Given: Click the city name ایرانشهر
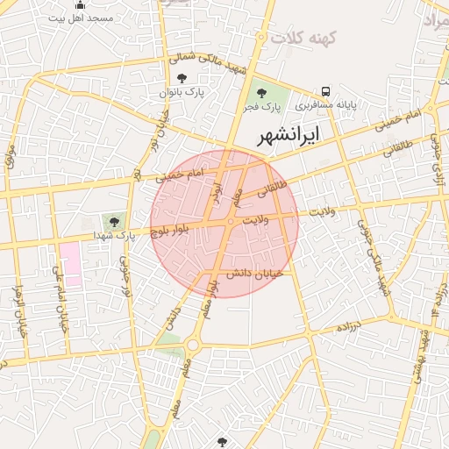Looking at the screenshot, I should point(289,135).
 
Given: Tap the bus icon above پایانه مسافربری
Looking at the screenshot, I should point(326,91).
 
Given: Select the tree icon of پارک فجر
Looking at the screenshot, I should point(260,91).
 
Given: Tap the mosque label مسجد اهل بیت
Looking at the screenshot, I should point(82,18).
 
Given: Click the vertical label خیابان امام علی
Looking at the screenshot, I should point(61,307).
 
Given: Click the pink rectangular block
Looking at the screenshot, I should point(70,264).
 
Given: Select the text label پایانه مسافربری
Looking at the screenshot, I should point(325,105).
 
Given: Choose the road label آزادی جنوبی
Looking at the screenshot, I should point(441,166).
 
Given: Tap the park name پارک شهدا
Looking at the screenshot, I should point(115,236).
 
